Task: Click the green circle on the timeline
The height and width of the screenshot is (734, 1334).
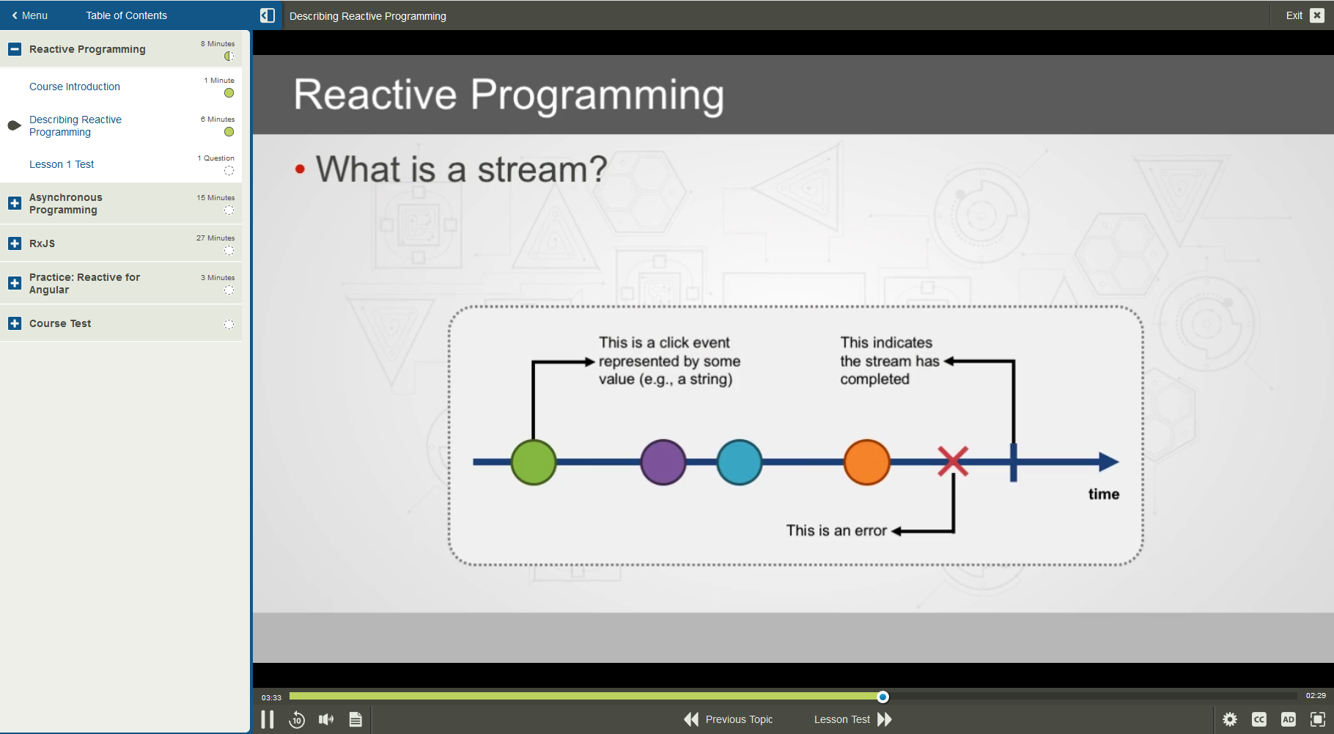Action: (x=533, y=462)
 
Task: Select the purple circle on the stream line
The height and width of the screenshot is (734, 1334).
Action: (x=663, y=462)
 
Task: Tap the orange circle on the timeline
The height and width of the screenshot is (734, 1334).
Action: (x=866, y=462)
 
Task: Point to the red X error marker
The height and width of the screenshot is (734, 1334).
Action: (x=953, y=461)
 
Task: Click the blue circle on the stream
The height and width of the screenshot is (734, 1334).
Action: (x=739, y=462)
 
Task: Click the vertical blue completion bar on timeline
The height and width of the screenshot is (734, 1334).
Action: (x=1013, y=462)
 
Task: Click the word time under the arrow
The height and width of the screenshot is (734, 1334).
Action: (x=1103, y=494)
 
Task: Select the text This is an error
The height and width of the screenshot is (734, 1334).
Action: (x=836, y=530)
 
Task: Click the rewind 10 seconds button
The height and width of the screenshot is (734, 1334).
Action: (x=297, y=720)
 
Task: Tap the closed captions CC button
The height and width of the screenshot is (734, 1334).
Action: (x=1259, y=720)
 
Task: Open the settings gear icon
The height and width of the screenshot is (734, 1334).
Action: (x=1230, y=720)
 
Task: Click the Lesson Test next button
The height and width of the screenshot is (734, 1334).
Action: (x=852, y=719)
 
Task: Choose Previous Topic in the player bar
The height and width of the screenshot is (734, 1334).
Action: (x=729, y=719)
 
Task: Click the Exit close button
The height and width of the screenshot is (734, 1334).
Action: (x=1317, y=15)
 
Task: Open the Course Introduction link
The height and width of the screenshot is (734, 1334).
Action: (x=75, y=87)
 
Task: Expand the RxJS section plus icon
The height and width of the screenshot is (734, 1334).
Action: (x=15, y=243)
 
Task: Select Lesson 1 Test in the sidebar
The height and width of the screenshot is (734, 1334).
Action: (x=62, y=164)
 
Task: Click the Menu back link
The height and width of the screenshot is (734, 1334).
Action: (x=29, y=15)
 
